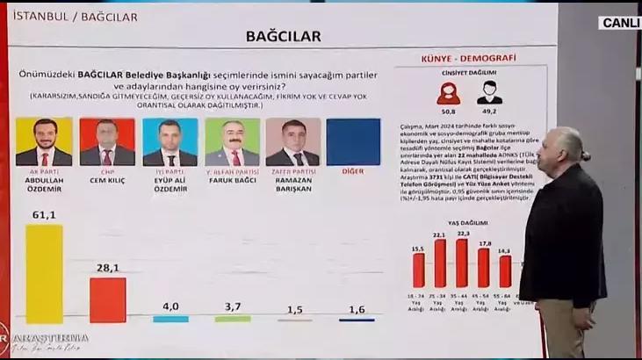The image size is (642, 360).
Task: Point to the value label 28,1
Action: coord(107,269)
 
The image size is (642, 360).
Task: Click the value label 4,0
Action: coord(170,306)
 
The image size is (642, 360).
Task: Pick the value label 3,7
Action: coord(233,306)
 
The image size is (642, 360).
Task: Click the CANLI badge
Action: coord(620,23)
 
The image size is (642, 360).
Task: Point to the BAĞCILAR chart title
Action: coord(282,37)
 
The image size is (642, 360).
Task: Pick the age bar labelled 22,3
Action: coord(462,263)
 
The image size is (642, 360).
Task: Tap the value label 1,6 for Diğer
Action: coord(356,310)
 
